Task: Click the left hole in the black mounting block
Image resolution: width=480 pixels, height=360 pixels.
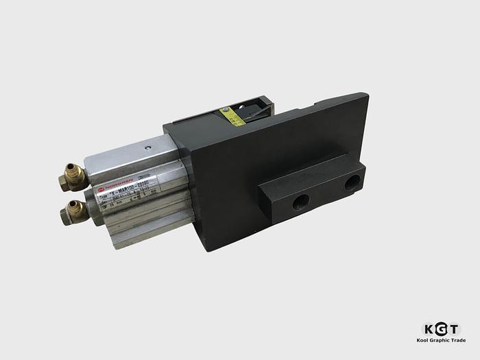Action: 300,201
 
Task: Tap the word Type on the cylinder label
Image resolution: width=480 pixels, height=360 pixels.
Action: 103,196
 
